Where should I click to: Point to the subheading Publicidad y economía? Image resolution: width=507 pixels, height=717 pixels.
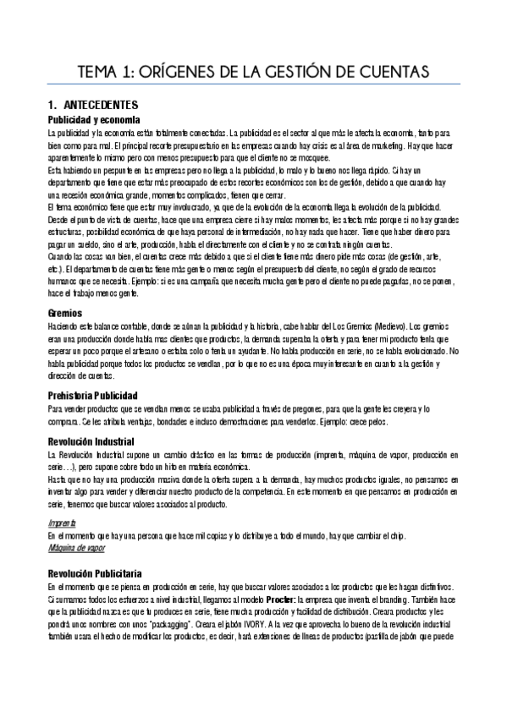93,120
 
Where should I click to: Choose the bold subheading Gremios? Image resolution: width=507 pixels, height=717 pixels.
64,313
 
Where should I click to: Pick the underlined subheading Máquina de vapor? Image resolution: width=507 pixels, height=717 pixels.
75,548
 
